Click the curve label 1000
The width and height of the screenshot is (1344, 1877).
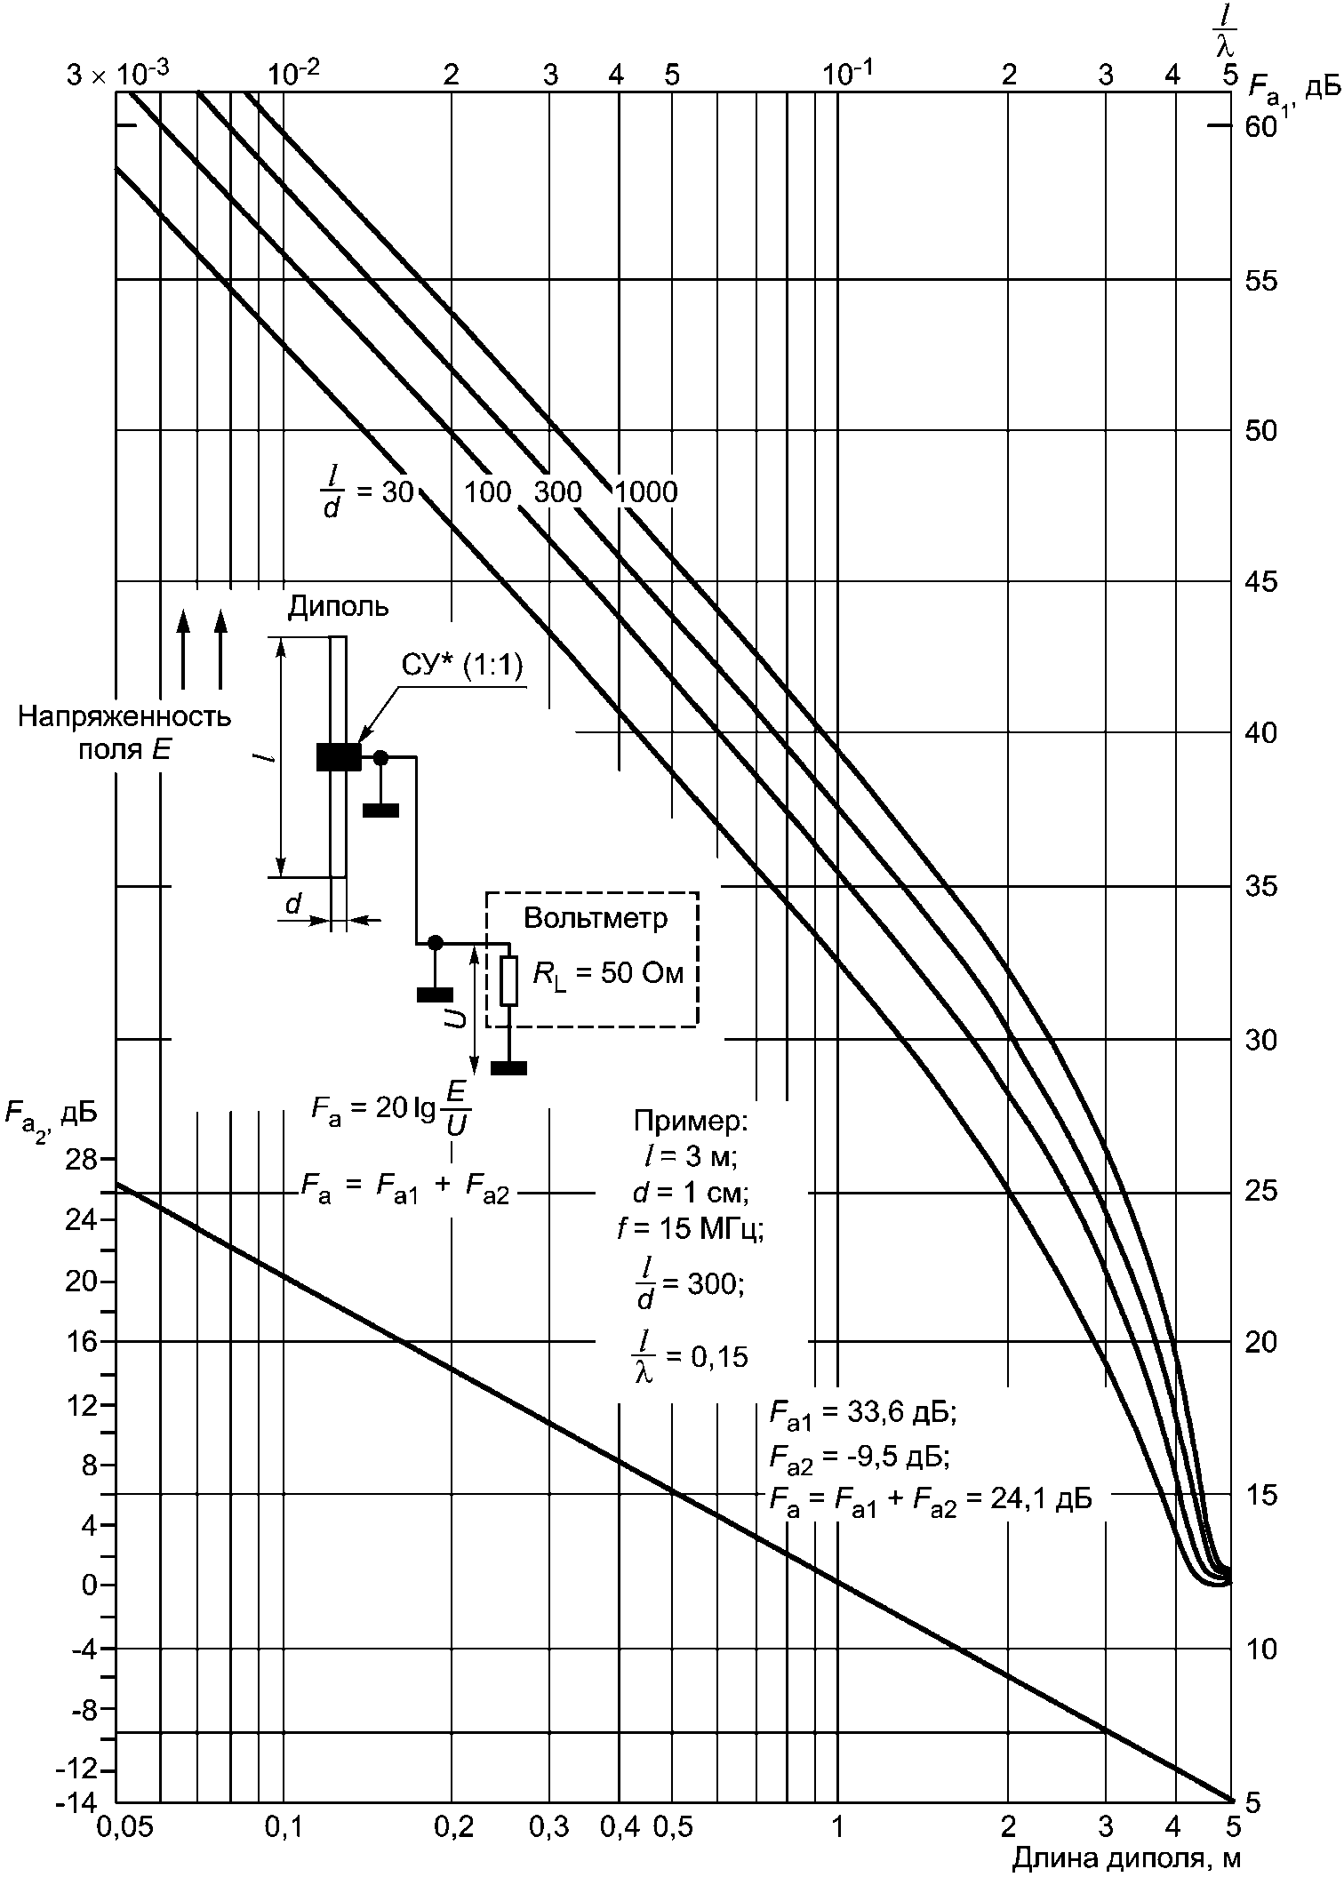coord(646,491)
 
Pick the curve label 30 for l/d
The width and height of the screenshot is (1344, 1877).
coord(397,491)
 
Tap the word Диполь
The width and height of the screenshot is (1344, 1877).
coord(339,606)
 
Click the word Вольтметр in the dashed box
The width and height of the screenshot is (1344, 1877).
coord(596,917)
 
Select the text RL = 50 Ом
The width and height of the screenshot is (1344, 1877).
coord(609,974)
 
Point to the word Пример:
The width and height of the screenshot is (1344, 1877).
coord(692,1121)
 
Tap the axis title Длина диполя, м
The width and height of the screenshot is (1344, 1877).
coord(1126,1858)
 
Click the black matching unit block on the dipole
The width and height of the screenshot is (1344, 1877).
coord(339,757)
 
